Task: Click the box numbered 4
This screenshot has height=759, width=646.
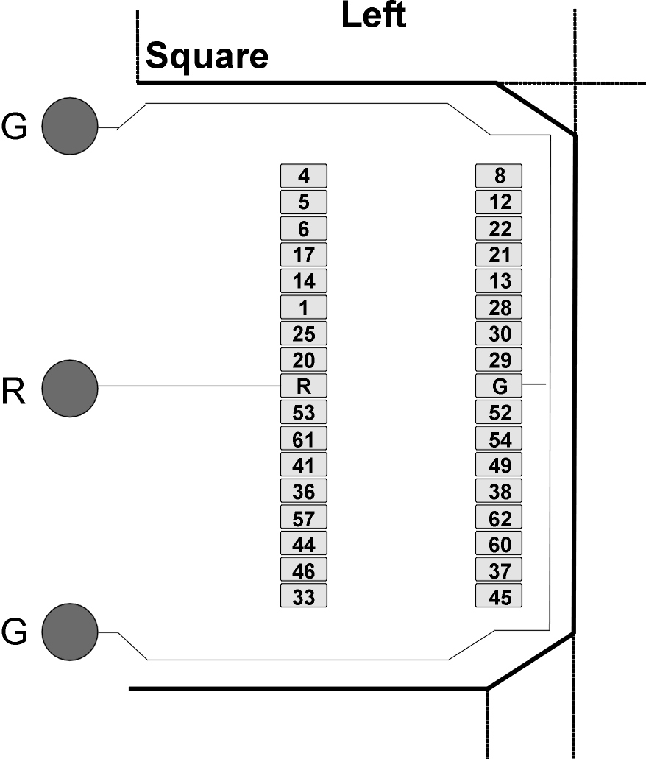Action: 304,176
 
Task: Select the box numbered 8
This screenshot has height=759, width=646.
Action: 499,176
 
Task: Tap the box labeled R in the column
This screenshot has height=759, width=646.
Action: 304,386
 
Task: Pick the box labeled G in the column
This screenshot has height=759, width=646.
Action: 499,386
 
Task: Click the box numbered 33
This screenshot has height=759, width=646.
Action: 304,596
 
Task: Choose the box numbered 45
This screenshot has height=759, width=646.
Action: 499,596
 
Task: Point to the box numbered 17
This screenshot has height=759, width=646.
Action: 304,255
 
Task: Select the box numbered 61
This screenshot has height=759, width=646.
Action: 304,438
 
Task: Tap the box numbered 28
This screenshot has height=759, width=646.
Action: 499,307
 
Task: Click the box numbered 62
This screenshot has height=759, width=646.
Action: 499,517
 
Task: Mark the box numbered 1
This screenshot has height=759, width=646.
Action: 304,307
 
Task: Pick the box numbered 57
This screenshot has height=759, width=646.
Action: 304,517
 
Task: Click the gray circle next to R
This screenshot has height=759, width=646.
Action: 70,388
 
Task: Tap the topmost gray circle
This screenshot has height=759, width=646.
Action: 70,127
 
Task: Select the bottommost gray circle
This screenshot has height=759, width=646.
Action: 70,632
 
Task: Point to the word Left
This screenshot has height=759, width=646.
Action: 374,15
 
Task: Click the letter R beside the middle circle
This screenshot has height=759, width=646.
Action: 13,391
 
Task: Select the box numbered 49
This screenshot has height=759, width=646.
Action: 499,465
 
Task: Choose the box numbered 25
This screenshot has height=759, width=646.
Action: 304,333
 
